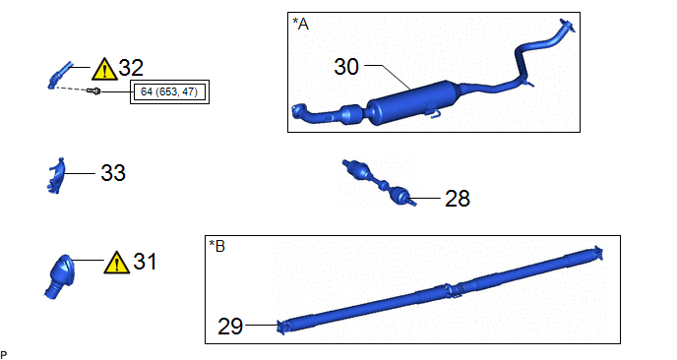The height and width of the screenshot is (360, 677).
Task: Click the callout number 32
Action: coord(131,68)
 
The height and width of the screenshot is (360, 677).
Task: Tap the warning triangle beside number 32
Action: coord(104,69)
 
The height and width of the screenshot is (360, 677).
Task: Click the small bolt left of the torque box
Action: coord(93,91)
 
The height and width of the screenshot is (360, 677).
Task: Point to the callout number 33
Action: coord(113,173)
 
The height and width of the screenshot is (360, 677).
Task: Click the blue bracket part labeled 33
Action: coord(56,175)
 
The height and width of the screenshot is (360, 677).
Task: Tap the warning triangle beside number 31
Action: coord(116,263)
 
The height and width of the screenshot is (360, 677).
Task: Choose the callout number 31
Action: coord(145,262)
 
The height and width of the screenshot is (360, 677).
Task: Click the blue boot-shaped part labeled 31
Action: coord(60,276)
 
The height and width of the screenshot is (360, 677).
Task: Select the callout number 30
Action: coord(346,67)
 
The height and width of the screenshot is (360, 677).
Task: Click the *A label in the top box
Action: coord(301,25)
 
